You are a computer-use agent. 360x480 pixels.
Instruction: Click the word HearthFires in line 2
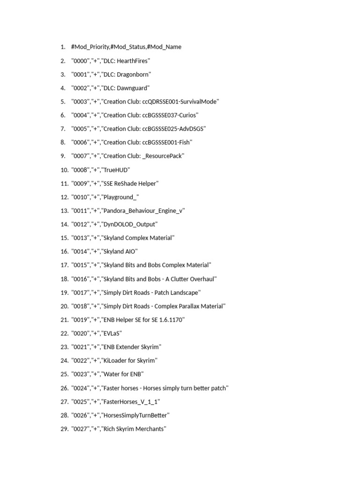click(x=132, y=61)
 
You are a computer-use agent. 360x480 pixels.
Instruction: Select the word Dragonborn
click(x=133, y=75)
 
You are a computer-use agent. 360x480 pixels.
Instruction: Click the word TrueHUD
click(x=115, y=170)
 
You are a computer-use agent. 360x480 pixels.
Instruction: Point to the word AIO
click(x=129, y=252)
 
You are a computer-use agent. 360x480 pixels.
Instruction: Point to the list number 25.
click(x=64, y=375)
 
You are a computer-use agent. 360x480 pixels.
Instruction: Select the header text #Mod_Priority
click(x=90, y=47)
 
